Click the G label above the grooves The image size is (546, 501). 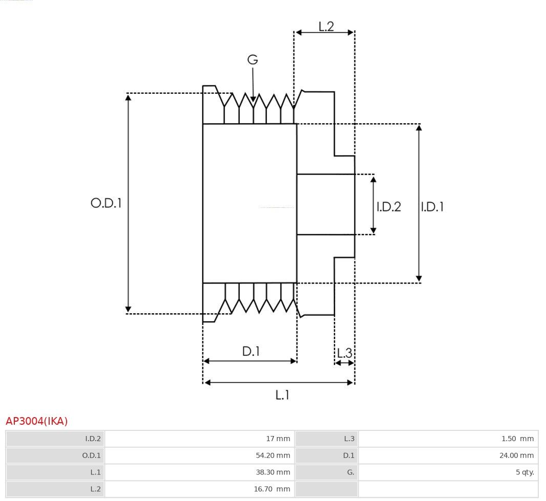(253, 60)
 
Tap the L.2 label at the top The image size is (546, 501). (326, 27)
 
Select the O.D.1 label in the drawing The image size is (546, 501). (106, 203)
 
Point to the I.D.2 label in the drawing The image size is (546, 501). (389, 207)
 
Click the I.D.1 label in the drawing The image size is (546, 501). (432, 207)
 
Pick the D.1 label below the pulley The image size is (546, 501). (250, 352)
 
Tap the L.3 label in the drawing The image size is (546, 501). (345, 353)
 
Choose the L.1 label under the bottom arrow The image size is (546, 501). (282, 395)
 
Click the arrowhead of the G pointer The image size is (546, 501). (253, 99)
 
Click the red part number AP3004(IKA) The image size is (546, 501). (36, 421)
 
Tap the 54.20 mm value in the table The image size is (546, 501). (272, 455)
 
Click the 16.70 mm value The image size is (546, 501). (272, 489)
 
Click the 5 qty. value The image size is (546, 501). (525, 472)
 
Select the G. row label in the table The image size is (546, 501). (350, 472)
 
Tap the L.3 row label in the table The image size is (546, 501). (349, 439)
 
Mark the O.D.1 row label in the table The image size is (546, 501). (91, 455)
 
